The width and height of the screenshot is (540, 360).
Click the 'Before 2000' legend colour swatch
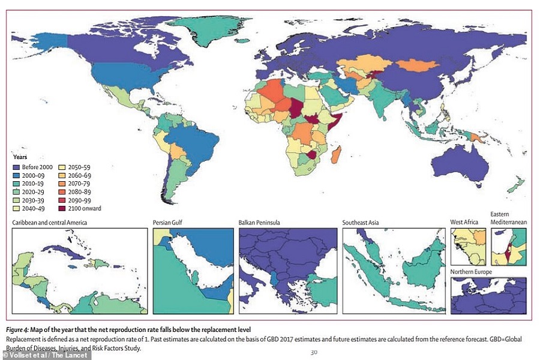pos(17,167)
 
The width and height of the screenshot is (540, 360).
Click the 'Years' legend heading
pos(20,157)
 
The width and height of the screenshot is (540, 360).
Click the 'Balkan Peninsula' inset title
pos(259,223)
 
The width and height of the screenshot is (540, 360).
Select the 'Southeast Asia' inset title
pos(361,223)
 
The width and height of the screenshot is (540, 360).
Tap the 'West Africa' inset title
pos(464,223)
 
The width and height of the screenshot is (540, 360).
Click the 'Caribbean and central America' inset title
pos(49,223)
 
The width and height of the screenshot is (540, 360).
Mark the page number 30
pos(314,352)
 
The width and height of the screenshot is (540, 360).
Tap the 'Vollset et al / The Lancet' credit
pos(46,355)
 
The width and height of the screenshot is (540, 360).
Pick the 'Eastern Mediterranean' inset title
pos(508,218)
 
